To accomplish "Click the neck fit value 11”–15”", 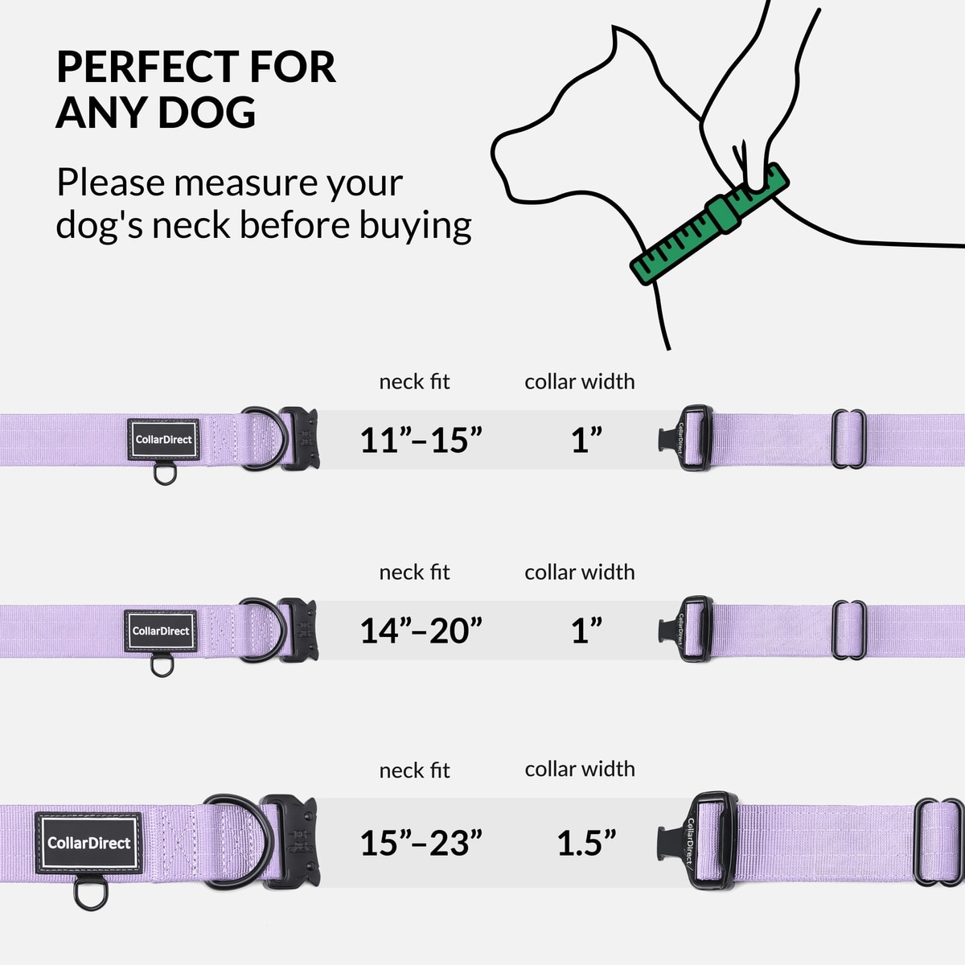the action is [421, 441].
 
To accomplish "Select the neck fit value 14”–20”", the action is [421, 630].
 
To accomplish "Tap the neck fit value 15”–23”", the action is [421, 843].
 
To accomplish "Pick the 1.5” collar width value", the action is [586, 843].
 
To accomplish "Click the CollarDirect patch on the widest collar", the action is [89, 843].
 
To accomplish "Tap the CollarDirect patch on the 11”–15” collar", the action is [164, 440].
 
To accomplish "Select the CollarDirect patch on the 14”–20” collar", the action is [160, 631].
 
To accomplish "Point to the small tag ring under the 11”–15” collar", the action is [165, 474].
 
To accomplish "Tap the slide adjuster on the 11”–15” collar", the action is [849, 439].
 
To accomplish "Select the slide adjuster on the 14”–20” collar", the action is [849, 630].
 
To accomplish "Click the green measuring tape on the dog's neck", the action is [709, 224].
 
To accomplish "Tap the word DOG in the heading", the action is [207, 112].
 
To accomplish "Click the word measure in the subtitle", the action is [245, 183].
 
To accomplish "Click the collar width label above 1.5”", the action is [580, 769].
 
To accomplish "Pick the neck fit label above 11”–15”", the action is [415, 382].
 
